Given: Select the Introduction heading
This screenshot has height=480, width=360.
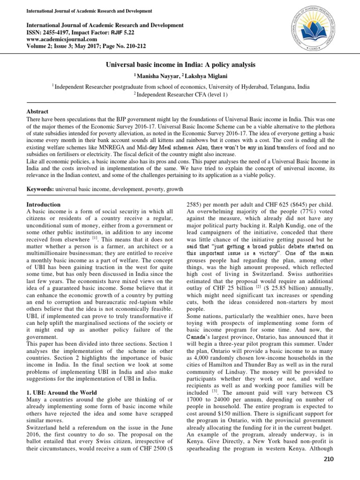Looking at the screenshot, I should (x=43, y=205).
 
